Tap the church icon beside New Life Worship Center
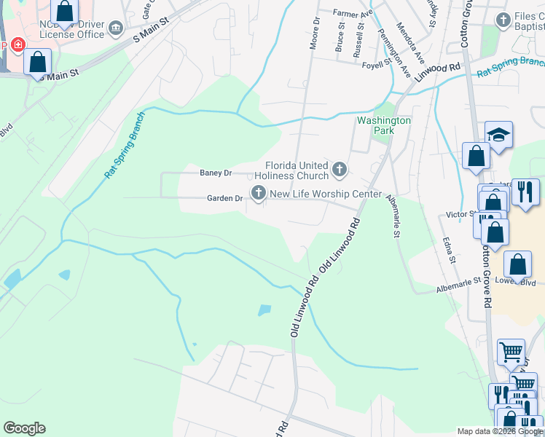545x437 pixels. point(258,193)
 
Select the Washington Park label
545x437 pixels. point(383,125)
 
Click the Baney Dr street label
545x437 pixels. point(216,173)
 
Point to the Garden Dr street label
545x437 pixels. point(224,198)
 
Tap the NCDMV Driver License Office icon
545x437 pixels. point(116,28)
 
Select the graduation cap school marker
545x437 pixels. point(498,135)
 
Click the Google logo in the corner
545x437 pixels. point(24,428)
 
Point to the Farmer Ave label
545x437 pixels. point(353,13)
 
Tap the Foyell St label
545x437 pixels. point(377,65)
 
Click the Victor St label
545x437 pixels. point(460,215)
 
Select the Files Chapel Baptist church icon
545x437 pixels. point(502,20)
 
